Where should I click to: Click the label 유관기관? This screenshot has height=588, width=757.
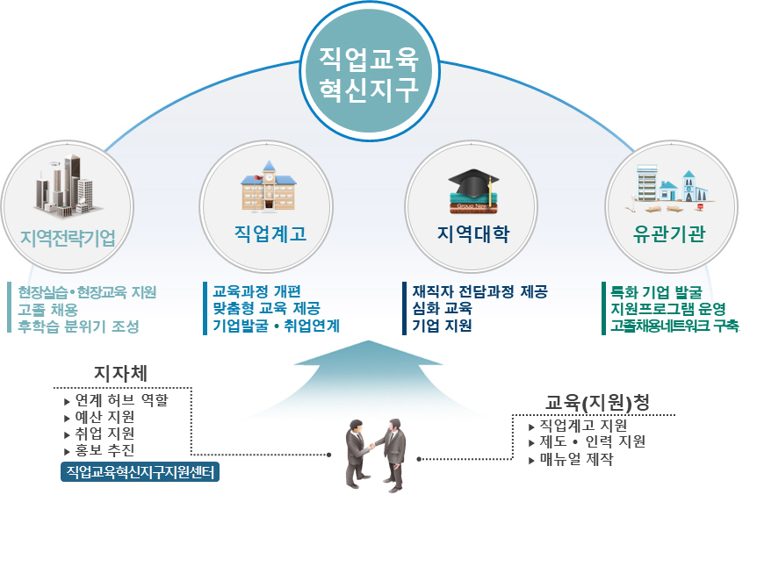click(x=668, y=236)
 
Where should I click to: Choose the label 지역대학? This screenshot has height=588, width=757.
click(x=472, y=236)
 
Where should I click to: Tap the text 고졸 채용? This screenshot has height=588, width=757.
click(x=48, y=309)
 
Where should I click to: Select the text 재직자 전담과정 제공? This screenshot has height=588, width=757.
click(x=480, y=291)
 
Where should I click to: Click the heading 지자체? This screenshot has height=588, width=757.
click(x=121, y=373)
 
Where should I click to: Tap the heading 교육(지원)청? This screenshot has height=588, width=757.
click(x=597, y=403)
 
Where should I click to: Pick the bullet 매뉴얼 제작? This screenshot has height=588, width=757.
click(x=576, y=460)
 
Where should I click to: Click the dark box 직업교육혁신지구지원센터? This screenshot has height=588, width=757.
click(x=141, y=473)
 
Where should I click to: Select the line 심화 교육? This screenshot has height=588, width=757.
click(x=443, y=309)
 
